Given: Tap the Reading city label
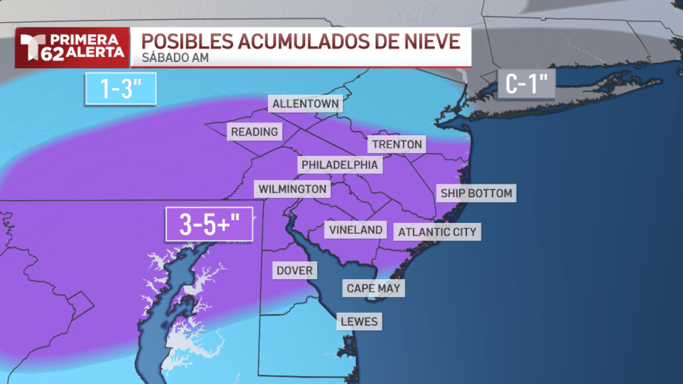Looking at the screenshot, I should click(254, 132).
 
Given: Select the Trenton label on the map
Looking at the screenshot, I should click(397, 144).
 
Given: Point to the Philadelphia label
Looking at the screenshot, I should click(340, 165).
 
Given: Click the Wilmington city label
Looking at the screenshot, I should click(293, 189).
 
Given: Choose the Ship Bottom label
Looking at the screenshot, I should click(476, 193).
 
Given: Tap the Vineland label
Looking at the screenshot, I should click(356, 230).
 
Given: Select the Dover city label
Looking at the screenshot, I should click(295, 270).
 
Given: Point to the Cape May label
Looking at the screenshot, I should click(374, 288).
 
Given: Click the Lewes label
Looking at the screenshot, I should click(359, 321).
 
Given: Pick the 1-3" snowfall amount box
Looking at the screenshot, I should click(121, 89).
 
